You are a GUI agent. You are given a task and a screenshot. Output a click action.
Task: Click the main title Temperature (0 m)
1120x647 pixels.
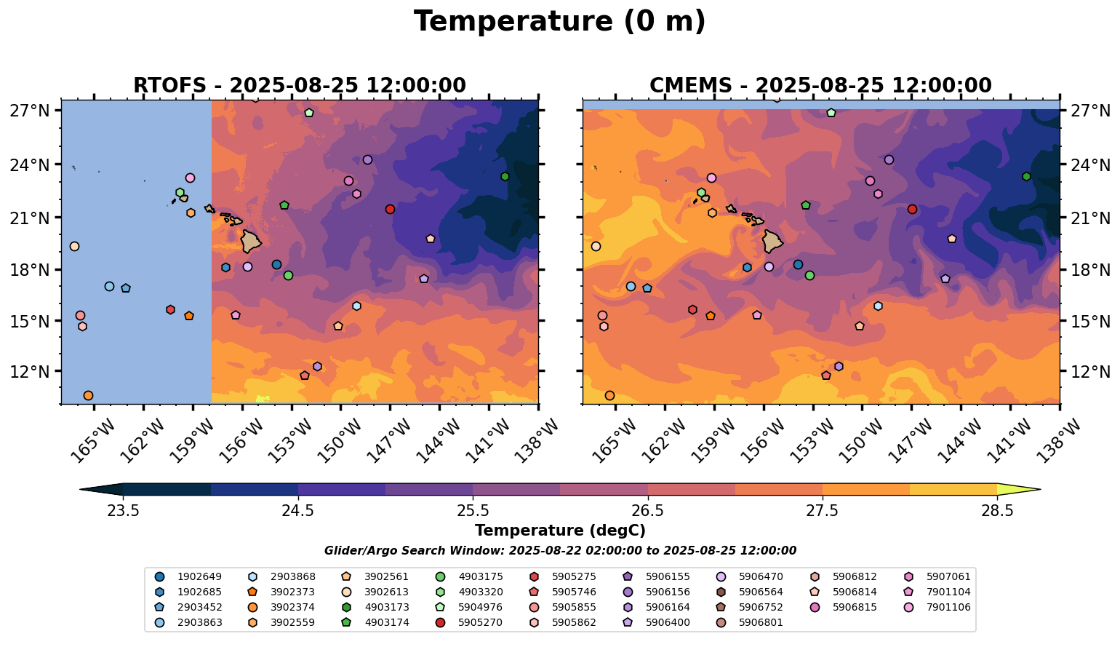[x=559, y=22]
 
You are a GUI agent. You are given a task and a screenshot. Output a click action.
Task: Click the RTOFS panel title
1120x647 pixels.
[x=299, y=86]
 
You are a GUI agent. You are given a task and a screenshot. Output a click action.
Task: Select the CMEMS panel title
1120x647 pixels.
[x=820, y=86]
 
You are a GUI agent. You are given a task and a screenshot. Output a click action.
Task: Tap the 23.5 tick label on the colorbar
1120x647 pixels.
[x=123, y=511]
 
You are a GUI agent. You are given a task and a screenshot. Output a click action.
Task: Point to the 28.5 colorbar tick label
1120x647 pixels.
[x=997, y=511]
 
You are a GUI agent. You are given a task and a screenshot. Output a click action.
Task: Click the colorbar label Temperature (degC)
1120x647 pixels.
[x=559, y=531]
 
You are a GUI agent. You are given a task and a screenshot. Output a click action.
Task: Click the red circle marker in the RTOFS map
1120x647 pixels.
[x=390, y=209]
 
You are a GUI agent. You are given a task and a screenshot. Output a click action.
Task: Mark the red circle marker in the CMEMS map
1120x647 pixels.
[x=912, y=209]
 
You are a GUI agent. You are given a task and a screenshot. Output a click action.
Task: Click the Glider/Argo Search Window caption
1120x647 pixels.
[x=559, y=551]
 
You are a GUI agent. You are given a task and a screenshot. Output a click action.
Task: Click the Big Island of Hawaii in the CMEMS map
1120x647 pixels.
[x=772, y=240]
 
